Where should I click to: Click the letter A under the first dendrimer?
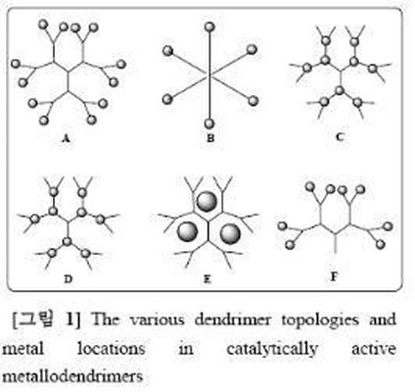(x=66, y=139)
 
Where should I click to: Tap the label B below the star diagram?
(x=210, y=138)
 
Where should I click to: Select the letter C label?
(x=340, y=137)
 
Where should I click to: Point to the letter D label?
(x=68, y=279)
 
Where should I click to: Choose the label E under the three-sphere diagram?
(x=207, y=279)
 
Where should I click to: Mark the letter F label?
(x=334, y=277)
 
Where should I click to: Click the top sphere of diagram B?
(x=209, y=26)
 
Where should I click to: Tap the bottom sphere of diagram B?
(x=209, y=123)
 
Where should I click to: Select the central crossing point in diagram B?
(x=209, y=76)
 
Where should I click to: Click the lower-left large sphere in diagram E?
(x=187, y=231)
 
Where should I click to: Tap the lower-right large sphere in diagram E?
(x=230, y=233)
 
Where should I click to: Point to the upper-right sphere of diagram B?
(x=252, y=50)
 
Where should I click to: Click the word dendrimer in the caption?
(x=233, y=319)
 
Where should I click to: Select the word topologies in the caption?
(x=321, y=320)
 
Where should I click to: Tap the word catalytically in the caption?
(x=272, y=349)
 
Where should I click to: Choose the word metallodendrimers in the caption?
(x=72, y=376)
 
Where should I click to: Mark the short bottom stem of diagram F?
(x=336, y=243)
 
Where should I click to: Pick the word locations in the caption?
(x=111, y=349)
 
